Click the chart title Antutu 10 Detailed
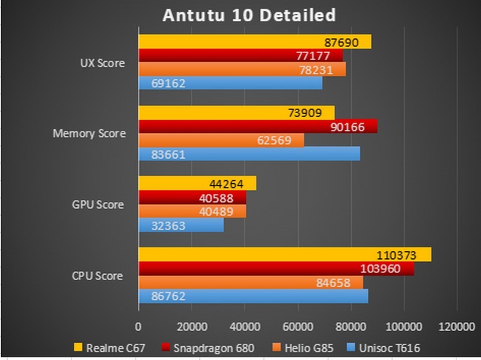click(249, 14)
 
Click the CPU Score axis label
click(98, 276)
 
